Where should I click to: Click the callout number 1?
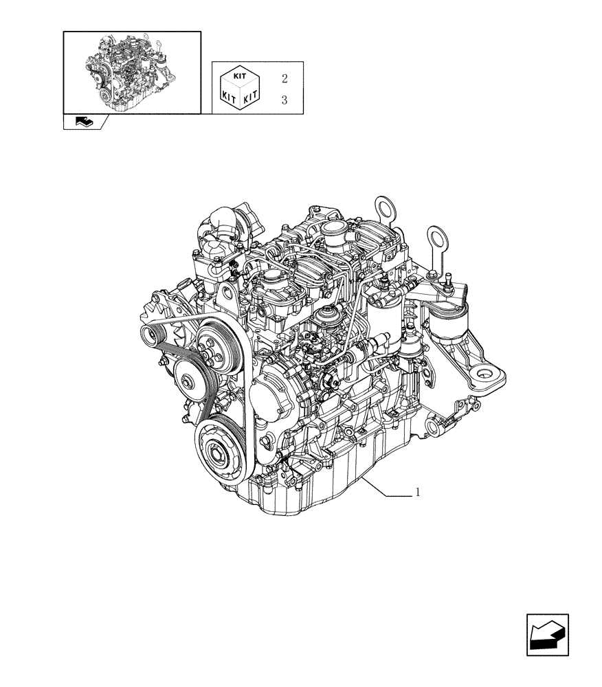[x=418, y=492]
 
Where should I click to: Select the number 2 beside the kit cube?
[x=284, y=79]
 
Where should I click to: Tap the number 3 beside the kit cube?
[x=284, y=100]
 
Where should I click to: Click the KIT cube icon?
[x=238, y=89]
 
